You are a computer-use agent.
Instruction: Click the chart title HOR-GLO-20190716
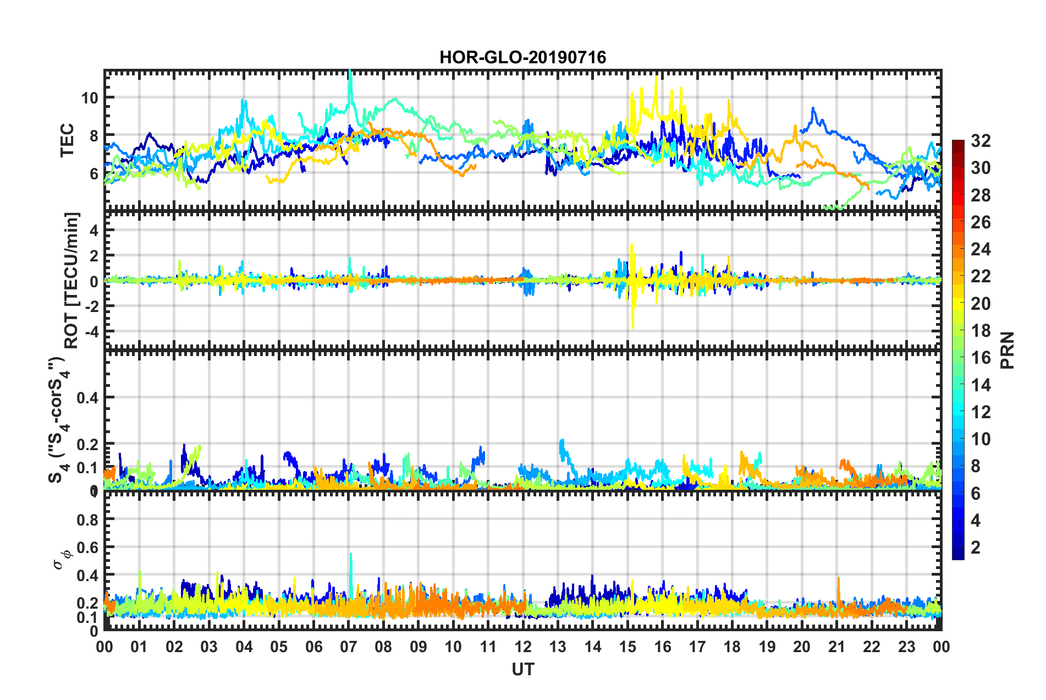click(x=522, y=57)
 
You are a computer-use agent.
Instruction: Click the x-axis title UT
click(x=522, y=669)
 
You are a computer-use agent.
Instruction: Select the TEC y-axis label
click(x=67, y=140)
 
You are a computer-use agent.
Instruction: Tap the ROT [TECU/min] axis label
click(x=72, y=281)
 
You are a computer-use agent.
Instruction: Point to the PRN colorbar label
click(x=1008, y=350)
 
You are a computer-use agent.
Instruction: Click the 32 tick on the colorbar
click(x=981, y=141)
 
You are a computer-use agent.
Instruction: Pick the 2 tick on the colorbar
click(x=976, y=547)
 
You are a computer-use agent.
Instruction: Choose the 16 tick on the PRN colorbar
click(x=981, y=358)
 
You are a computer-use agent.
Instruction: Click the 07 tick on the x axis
click(x=349, y=647)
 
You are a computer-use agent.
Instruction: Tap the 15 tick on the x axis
click(x=627, y=647)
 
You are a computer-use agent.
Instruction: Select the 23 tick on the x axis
click(x=906, y=647)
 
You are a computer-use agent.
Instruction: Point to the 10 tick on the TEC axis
click(x=89, y=98)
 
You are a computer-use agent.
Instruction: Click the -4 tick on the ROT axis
click(x=90, y=331)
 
